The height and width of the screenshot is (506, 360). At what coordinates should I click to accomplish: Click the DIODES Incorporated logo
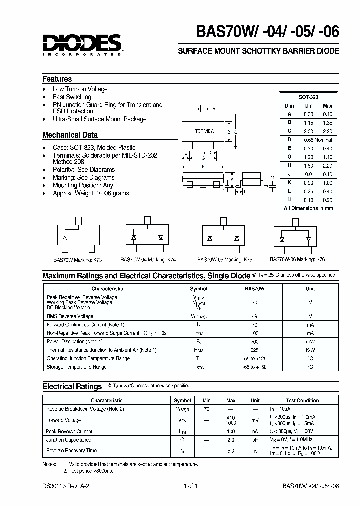tap(82, 44)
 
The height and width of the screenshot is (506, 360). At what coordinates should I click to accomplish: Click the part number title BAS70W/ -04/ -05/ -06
tap(267, 32)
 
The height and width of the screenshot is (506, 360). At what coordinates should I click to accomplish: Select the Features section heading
tap(57, 79)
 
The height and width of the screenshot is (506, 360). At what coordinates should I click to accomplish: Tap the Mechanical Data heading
tap(70, 135)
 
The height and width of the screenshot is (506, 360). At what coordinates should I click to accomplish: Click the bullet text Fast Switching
tap(72, 97)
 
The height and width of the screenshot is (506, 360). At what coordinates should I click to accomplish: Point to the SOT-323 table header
tap(308, 97)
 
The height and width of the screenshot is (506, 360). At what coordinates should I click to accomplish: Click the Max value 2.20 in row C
tap(327, 131)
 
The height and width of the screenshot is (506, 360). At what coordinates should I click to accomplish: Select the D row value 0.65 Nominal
tap(318, 140)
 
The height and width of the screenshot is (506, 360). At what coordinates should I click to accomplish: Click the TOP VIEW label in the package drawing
tap(204, 131)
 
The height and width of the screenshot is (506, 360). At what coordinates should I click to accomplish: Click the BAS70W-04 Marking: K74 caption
tap(148, 260)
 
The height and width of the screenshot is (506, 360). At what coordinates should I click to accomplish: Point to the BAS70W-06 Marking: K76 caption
tap(297, 260)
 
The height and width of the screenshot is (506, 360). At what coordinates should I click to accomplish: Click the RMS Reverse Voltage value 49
tap(254, 316)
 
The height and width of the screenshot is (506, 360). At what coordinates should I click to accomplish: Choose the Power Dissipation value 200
tap(254, 341)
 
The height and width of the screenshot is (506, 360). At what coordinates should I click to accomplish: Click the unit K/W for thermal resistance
tap(310, 350)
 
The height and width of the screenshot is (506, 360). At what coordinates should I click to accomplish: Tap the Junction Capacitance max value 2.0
tap(230, 440)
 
